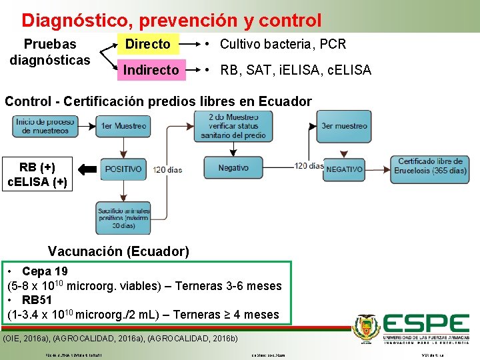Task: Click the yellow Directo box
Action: (x=148, y=44)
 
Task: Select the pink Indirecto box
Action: (x=151, y=69)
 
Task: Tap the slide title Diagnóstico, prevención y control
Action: (x=171, y=21)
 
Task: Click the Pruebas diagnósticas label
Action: (x=50, y=52)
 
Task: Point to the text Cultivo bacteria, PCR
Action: (x=283, y=44)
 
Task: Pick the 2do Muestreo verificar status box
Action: (x=233, y=125)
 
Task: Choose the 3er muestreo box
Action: (x=344, y=126)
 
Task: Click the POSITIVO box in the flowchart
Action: (x=123, y=169)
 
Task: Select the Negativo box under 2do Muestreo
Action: (x=233, y=168)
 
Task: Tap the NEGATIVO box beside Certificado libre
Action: (x=345, y=169)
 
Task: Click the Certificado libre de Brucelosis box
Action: (x=431, y=166)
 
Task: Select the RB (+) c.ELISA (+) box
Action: (x=37, y=174)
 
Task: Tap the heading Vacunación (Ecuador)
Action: (x=119, y=251)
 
